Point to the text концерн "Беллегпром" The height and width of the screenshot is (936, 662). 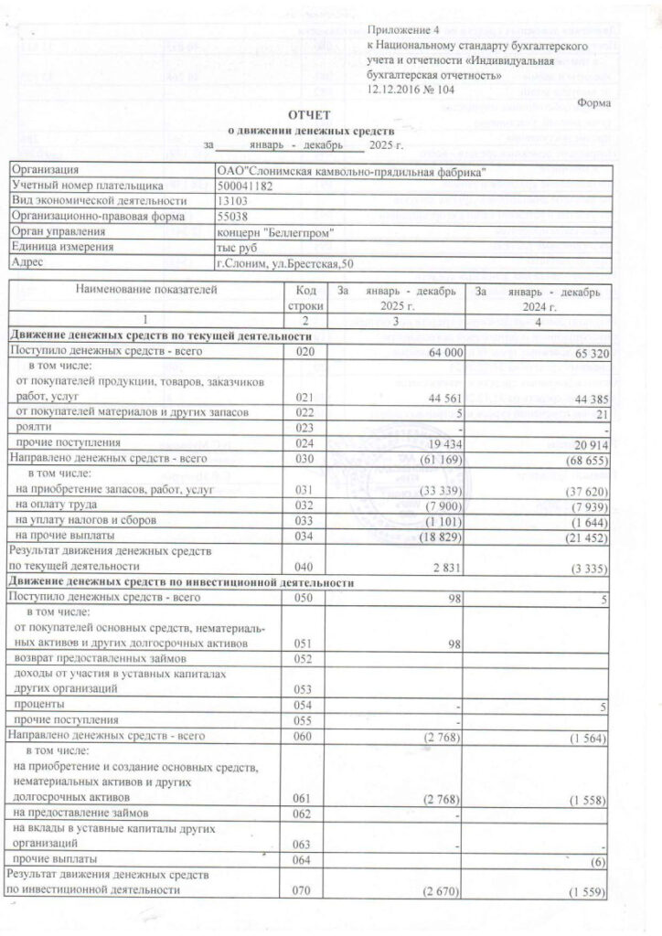click(274, 232)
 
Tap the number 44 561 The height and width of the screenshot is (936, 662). click(437, 398)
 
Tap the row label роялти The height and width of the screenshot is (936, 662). click(31, 428)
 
